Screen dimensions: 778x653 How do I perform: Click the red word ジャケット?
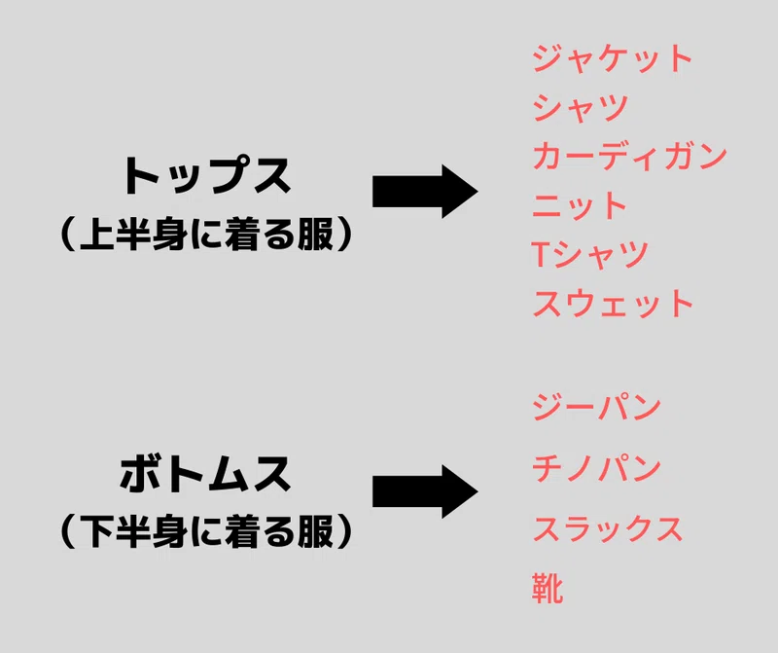click(613, 58)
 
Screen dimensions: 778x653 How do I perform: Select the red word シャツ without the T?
click(581, 107)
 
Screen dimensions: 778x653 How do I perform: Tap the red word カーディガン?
click(629, 156)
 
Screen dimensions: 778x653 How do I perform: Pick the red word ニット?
click(580, 205)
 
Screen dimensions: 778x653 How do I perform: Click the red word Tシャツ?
click(590, 254)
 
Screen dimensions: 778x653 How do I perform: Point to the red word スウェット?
click(613, 303)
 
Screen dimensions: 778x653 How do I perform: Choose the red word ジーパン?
click(596, 407)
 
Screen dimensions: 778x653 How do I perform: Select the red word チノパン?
click(596, 468)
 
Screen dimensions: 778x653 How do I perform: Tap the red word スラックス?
click(607, 528)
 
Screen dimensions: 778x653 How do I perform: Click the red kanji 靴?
click(548, 588)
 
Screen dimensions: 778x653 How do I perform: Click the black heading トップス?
click(206, 176)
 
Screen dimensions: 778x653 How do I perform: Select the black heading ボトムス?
click(205, 474)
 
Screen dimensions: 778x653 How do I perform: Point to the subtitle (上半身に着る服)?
click(206, 234)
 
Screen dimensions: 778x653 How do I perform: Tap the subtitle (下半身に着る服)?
click(206, 531)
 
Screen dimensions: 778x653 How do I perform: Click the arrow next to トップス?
click(425, 192)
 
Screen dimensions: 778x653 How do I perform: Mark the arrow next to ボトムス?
click(425, 491)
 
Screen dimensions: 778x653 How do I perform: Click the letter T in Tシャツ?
click(540, 254)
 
